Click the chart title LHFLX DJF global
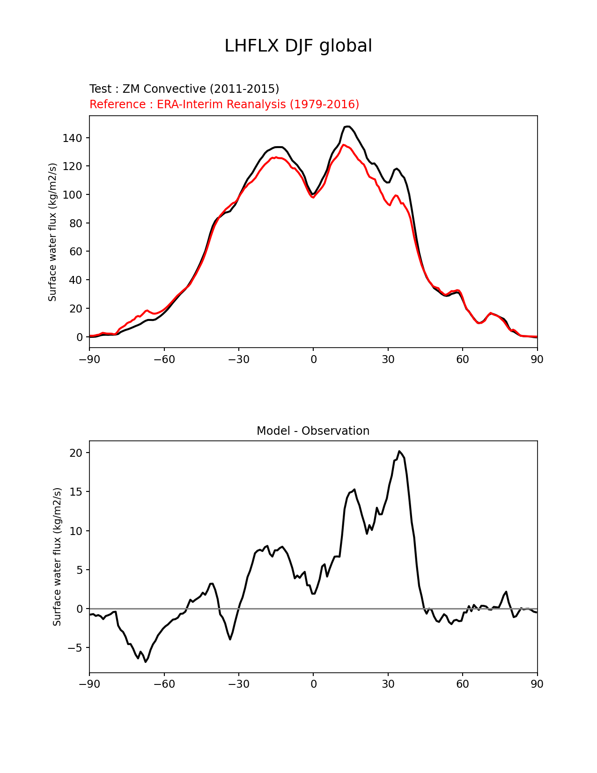pos(298,46)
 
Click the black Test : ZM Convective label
pos(184,89)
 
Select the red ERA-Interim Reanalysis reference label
pos(224,104)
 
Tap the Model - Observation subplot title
pos(313,431)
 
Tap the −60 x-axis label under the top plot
pos(164,359)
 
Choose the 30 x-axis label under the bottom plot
pos(388,684)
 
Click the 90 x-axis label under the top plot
pos(537,359)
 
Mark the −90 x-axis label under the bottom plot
pos(89,684)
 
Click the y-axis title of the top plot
pos(52,232)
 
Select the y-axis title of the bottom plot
pos(57,557)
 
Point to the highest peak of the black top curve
pos(347,126)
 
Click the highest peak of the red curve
pos(344,145)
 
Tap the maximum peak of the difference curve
pos(399,451)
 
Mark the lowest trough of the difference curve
pos(146,662)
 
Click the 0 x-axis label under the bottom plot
pos(313,684)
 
